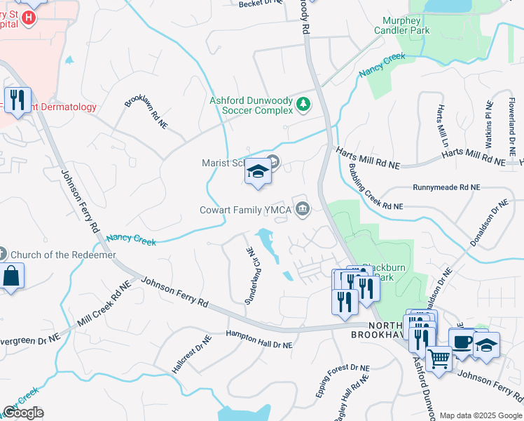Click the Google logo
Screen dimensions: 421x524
tap(23, 413)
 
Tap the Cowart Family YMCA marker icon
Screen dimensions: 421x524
tap(303, 208)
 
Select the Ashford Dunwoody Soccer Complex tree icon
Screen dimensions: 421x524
tap(303, 105)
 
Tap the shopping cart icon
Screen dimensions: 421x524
tap(439, 359)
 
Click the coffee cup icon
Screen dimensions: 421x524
tap(461, 342)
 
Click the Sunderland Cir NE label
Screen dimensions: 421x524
tap(253, 275)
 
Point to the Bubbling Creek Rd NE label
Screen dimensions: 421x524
tap(376, 188)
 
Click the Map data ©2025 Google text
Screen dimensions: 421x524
tap(480, 415)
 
